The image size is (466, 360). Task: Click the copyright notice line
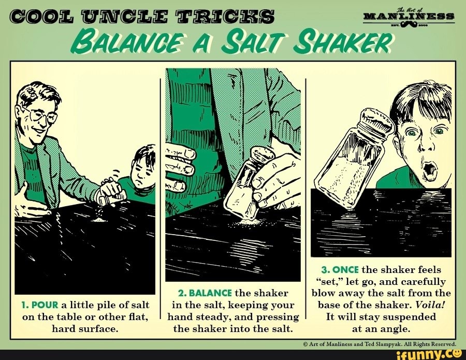379,344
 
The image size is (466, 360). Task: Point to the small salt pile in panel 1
98,220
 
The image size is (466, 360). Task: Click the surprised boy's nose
426,146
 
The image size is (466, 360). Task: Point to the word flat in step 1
138,317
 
